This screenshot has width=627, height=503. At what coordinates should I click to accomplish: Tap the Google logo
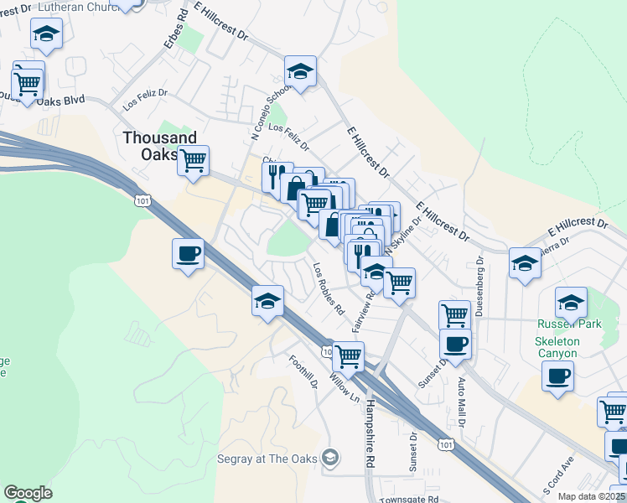(28, 493)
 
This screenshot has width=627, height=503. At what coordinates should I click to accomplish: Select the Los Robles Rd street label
(329, 289)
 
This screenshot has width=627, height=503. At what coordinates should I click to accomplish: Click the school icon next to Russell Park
(571, 302)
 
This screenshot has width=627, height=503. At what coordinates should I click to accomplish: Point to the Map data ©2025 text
(591, 496)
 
